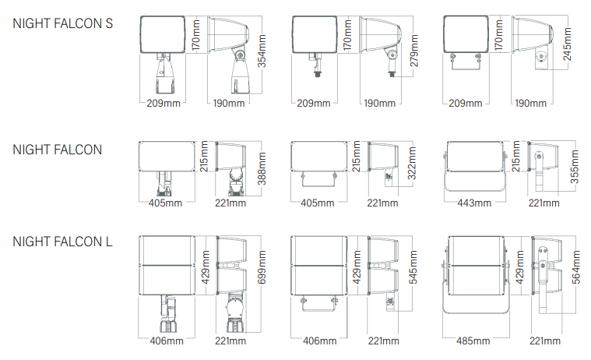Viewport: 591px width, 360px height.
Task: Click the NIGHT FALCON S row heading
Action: (x=62, y=23)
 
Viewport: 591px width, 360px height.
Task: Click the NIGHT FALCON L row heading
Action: (x=62, y=242)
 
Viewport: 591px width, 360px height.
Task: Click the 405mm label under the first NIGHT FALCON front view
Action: (x=165, y=203)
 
